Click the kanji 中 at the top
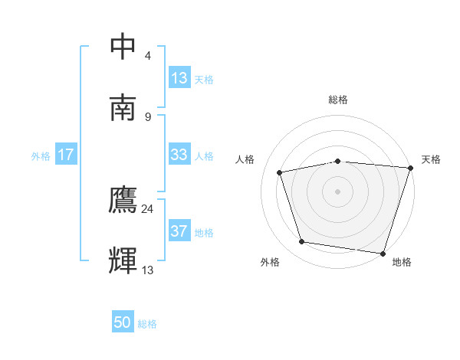(124, 47)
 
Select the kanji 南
(124, 106)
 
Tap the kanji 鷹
(124, 201)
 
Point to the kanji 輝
(124, 260)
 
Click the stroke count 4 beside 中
(148, 56)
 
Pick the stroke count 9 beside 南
(148, 116)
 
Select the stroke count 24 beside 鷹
(148, 209)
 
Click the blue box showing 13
(179, 78)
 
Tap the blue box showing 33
(179, 155)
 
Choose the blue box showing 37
(179, 231)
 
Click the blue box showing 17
(65, 155)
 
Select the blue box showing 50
(123, 323)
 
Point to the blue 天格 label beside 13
(204, 80)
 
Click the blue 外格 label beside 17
(41, 156)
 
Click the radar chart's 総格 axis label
(338, 100)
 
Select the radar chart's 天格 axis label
(431, 159)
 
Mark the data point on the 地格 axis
(383, 253)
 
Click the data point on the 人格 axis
(280, 172)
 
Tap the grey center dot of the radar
(338, 191)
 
